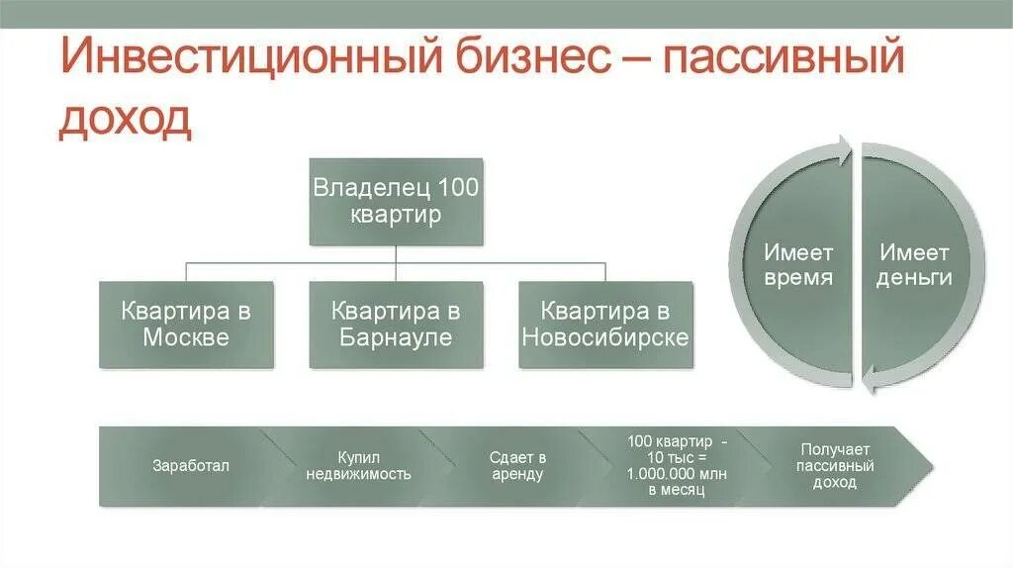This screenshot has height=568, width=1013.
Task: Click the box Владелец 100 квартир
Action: coord(396,201)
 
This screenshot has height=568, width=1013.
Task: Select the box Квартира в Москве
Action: coord(186,325)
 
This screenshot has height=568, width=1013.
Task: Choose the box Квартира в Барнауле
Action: coord(396,325)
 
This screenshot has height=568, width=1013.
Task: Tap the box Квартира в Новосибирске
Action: coord(605,325)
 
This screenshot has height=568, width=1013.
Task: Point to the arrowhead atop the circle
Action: coord(842,151)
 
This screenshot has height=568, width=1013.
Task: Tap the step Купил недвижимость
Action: coord(358,466)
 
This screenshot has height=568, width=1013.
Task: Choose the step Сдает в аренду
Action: coord(517,466)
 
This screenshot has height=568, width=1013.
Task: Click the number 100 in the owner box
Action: coord(457,188)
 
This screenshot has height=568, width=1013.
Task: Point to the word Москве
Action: coord(186,337)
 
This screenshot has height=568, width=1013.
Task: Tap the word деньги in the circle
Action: coord(915,278)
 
